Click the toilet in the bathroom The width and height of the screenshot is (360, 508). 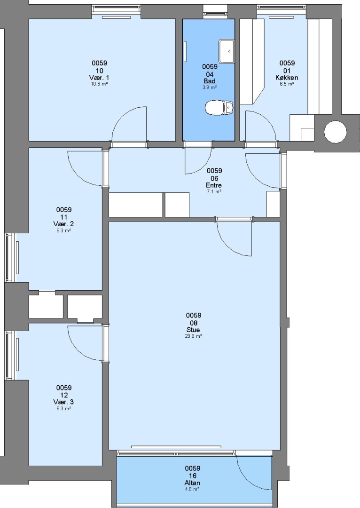219,108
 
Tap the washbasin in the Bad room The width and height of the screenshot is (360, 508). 227,51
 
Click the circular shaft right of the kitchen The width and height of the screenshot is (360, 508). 336,132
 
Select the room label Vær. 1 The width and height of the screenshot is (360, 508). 99,78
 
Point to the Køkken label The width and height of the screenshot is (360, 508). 287,78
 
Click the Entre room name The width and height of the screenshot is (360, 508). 214,185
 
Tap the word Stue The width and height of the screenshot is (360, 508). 193,330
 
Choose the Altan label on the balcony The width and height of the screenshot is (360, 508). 192,483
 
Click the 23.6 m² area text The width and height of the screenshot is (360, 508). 193,336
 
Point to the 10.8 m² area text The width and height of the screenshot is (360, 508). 99,84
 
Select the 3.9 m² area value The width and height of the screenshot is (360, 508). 210,87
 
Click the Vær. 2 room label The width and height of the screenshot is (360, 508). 63,224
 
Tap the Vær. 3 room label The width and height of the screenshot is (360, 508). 63,402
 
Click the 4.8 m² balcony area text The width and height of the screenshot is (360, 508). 192,489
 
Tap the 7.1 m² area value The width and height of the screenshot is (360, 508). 214,191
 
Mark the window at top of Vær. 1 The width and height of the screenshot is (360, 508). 116,10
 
